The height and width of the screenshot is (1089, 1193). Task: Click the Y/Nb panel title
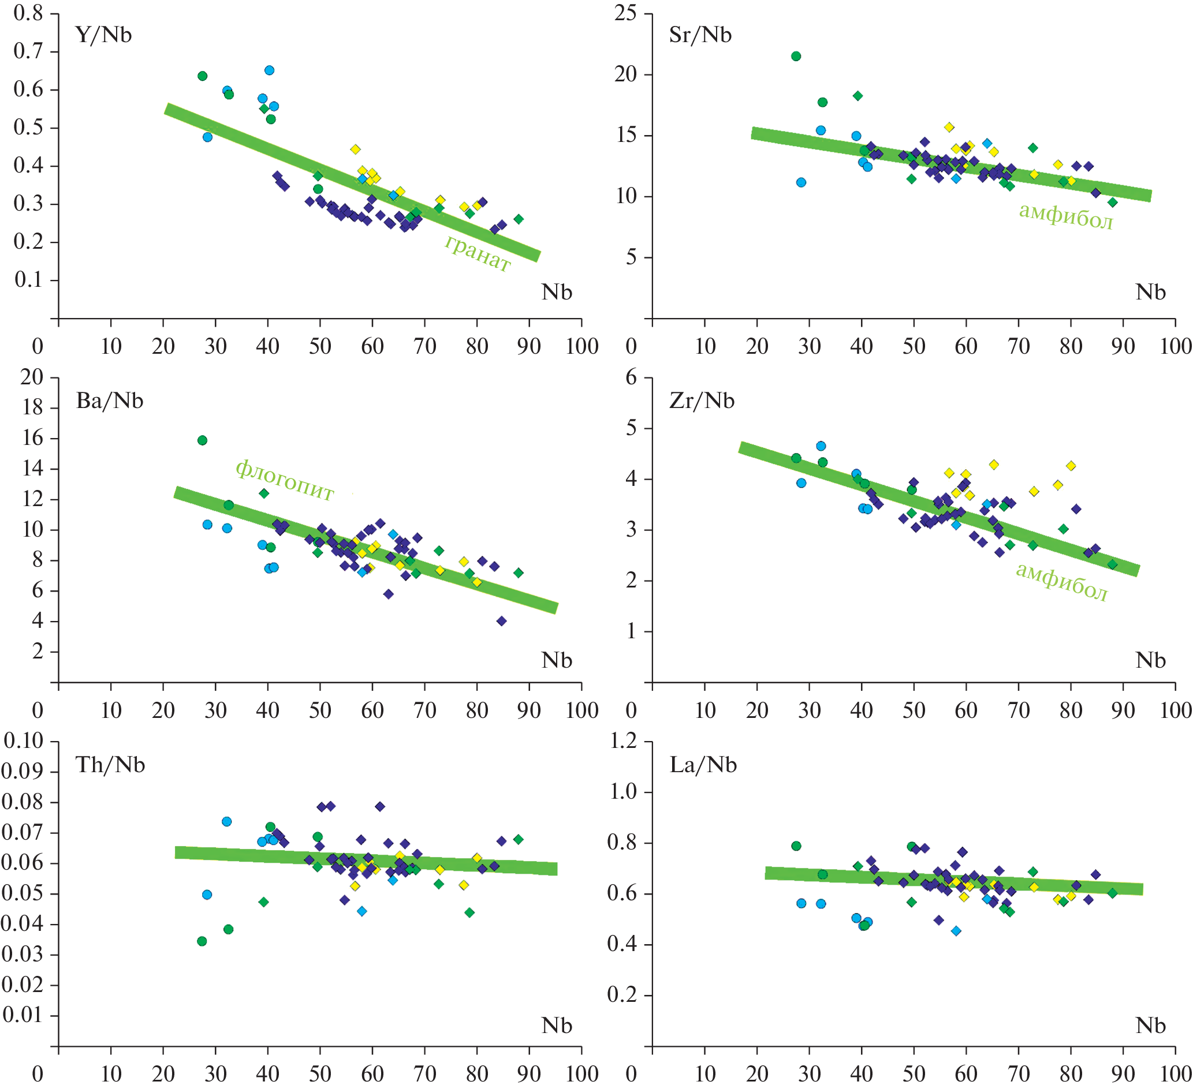[103, 35]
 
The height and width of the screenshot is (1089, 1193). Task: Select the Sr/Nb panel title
[700, 35]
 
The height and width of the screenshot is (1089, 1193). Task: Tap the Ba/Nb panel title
[110, 401]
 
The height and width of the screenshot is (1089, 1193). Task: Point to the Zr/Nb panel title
[702, 401]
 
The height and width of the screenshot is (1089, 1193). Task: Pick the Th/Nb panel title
[110, 765]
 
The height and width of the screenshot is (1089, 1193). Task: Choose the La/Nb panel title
[703, 765]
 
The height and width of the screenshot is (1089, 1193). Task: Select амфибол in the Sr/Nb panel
[1066, 216]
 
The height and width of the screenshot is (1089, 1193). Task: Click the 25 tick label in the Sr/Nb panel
[625, 13]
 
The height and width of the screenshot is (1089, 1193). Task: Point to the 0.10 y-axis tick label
[24, 740]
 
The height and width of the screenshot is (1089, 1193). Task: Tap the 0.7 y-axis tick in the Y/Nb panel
[28, 51]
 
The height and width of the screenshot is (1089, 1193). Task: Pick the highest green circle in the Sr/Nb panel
[796, 56]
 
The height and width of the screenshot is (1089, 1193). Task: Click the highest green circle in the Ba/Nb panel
[202, 440]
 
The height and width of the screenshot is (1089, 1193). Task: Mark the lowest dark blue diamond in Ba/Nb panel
[501, 621]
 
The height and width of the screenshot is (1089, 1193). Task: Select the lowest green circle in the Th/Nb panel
[202, 941]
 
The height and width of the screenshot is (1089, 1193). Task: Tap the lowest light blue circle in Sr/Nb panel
[801, 182]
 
